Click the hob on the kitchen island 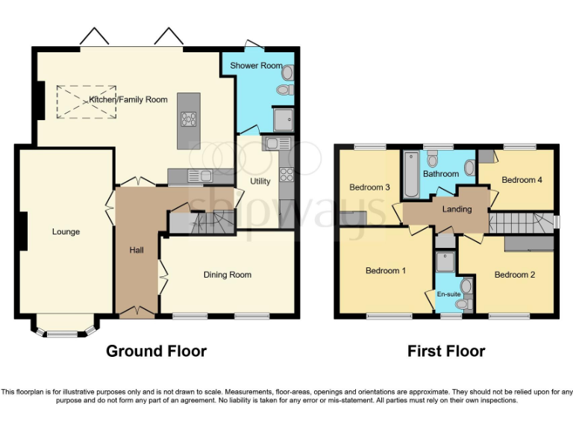[x=189, y=120]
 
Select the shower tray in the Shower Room [x=283, y=120]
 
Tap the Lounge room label [x=66, y=232]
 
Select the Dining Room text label [x=228, y=275]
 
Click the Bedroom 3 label [x=370, y=187]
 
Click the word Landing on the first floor [x=457, y=210]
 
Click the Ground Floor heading [x=156, y=351]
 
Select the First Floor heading [x=446, y=351]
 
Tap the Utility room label [x=260, y=181]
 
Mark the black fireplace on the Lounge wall [x=23, y=231]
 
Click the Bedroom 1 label [x=385, y=271]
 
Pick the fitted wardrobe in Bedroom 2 [x=529, y=244]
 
